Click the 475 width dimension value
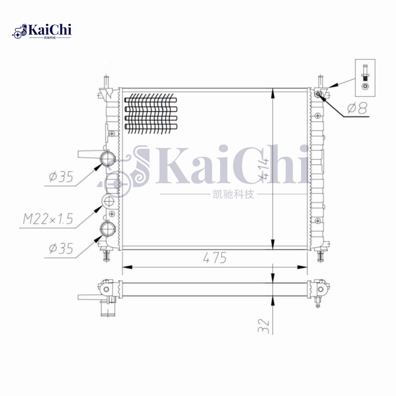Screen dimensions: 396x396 [x=214, y=258]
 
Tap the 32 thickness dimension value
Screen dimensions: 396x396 [x=264, y=325]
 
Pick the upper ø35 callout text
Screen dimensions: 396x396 [x=61, y=176]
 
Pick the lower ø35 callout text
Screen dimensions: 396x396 [x=61, y=248]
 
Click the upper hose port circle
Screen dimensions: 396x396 [x=108, y=158]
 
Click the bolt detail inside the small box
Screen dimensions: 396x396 [x=365, y=77]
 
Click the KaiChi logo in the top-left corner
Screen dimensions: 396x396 [x=42, y=31]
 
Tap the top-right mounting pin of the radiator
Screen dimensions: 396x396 [x=320, y=80]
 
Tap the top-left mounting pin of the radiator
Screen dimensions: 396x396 [x=105, y=81]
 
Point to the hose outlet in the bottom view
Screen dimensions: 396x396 [x=106, y=310]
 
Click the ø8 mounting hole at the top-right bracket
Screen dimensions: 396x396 [x=318, y=93]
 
